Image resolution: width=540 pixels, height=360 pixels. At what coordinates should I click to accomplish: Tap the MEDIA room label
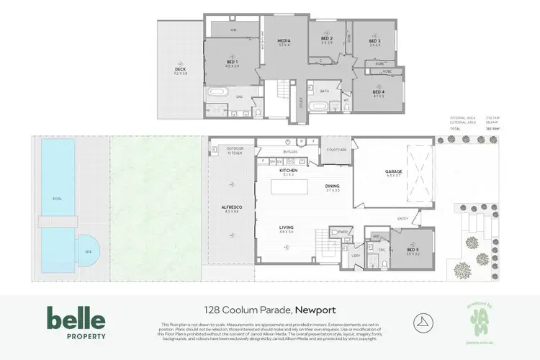coord(284,42)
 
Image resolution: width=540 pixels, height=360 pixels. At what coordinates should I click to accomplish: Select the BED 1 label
coord(232,63)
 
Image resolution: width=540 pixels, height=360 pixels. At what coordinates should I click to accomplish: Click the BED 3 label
coord(374,41)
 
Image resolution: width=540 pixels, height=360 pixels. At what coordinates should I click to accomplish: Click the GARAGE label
coord(393,171)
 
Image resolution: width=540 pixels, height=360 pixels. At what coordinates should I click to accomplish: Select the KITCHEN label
coord(288,171)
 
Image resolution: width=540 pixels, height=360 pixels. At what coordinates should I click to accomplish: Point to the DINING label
coord(332,186)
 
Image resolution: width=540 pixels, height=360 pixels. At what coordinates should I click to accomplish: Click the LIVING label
coord(287,229)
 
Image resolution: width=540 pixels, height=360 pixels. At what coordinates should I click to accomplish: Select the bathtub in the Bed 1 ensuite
coord(217,94)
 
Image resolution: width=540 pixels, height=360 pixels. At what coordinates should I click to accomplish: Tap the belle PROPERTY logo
coord(76,323)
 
